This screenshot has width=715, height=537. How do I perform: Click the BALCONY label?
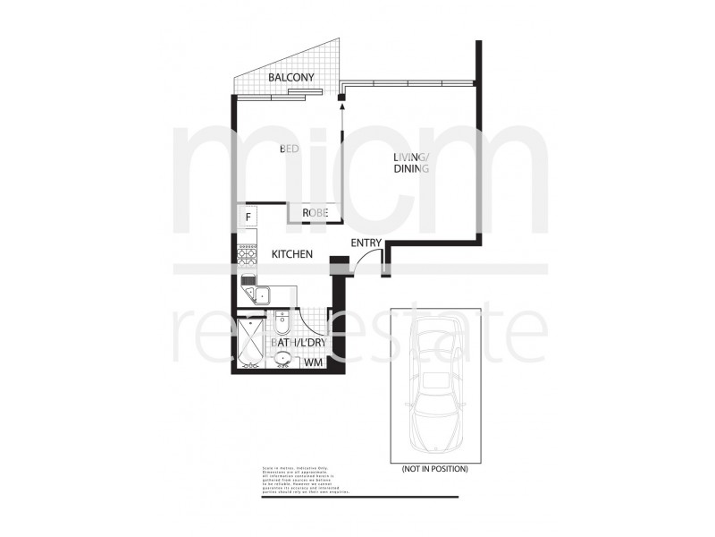(x=291, y=78)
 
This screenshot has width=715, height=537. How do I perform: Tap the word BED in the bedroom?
(x=289, y=149)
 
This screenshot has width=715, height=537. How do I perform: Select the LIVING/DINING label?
(x=412, y=164)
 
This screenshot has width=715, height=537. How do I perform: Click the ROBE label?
(x=315, y=213)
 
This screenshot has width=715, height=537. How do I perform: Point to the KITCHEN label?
(x=291, y=254)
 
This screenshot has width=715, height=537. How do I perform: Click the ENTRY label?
(x=366, y=243)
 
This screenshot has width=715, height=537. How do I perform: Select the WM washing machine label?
(x=313, y=362)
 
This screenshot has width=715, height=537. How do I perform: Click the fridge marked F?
(x=247, y=216)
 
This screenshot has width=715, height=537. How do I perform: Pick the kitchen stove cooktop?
(x=247, y=254)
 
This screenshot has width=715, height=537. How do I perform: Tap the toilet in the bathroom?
(x=282, y=320)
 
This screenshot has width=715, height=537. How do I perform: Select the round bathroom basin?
(x=283, y=360)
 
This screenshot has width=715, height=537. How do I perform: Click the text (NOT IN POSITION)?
(x=434, y=468)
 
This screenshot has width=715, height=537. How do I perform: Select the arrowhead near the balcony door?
(x=341, y=107)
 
